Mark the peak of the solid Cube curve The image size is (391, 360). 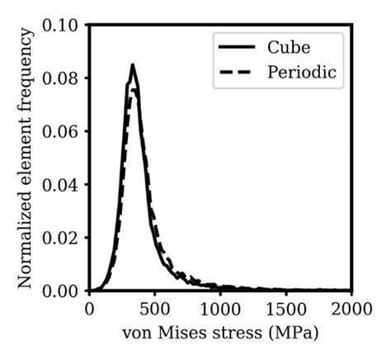click(132, 65)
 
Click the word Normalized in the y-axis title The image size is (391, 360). click(26, 240)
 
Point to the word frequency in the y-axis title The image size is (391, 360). click(26, 75)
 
